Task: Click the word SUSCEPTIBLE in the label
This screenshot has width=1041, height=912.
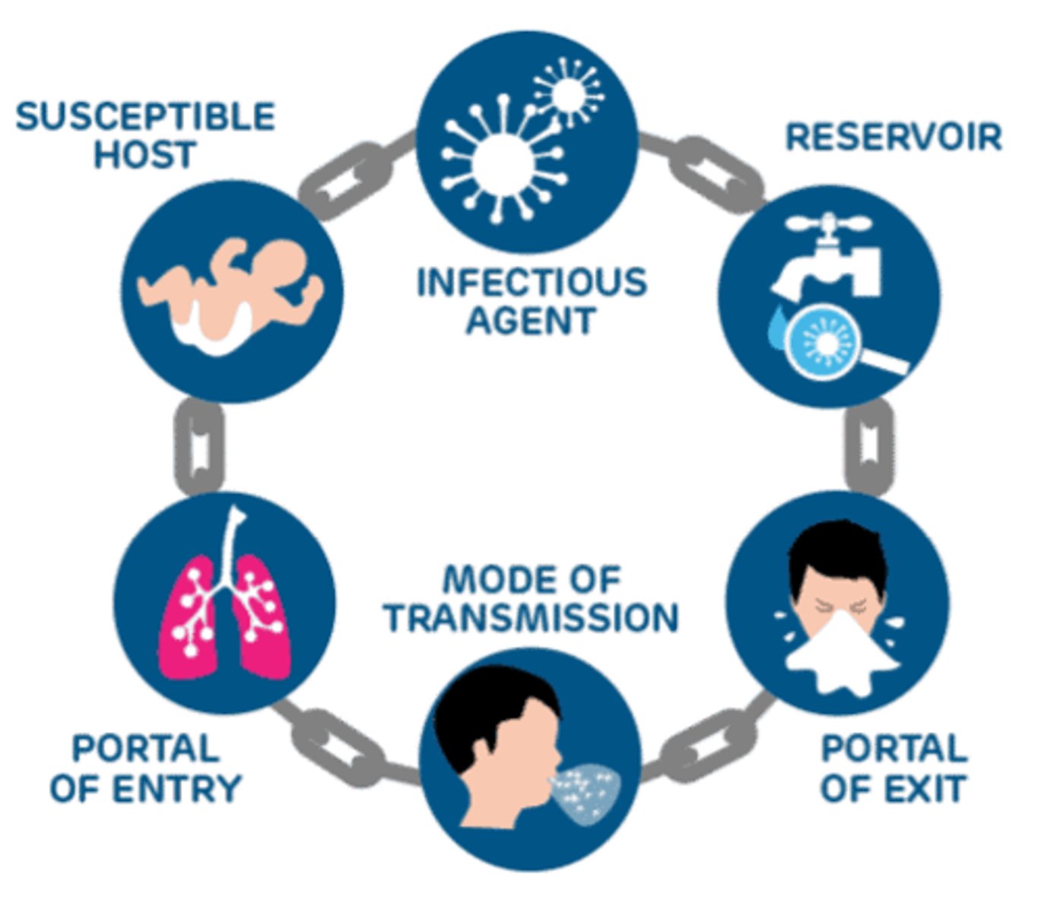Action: pos(144,117)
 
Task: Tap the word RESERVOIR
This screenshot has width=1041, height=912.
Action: pos(893,138)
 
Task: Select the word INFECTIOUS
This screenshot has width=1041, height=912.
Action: pos(532,282)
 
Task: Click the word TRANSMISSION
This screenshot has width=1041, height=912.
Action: pos(532,618)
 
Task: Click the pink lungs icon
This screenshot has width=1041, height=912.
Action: pos(224,616)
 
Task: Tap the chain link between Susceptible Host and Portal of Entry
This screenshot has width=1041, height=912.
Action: pos(199,448)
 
